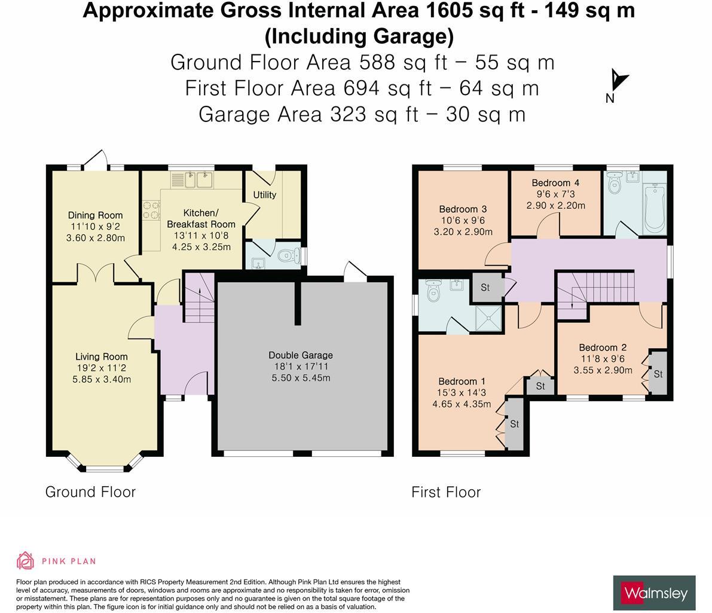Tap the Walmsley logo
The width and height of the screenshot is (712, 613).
(x=654, y=593)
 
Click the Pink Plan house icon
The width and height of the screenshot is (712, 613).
(x=26, y=561)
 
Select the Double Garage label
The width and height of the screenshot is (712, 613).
(x=301, y=355)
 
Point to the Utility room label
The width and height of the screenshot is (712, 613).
(x=264, y=194)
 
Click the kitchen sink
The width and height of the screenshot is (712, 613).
(x=192, y=180)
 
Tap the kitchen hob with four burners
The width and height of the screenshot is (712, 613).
(x=152, y=211)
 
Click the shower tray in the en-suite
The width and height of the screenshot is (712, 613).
(x=488, y=318)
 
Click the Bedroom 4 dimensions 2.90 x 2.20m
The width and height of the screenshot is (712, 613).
(x=556, y=205)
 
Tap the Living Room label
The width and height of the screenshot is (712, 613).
(x=101, y=356)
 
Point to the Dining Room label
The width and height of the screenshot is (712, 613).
(x=96, y=215)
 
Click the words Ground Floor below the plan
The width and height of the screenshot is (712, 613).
(x=90, y=492)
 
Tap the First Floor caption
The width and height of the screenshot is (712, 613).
(x=446, y=492)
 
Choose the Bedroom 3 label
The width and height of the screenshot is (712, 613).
(x=463, y=209)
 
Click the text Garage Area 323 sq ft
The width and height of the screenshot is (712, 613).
(x=309, y=114)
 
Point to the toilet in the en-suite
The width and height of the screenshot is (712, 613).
(x=434, y=291)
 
